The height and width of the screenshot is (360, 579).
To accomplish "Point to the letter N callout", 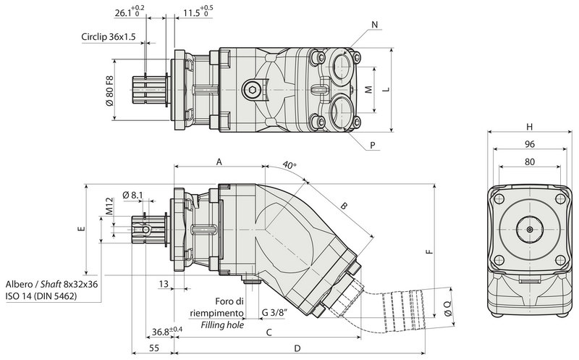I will pos(374,25).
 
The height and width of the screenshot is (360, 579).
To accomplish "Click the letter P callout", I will pos(373,145).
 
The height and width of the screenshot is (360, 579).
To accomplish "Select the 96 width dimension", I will pos(529,144).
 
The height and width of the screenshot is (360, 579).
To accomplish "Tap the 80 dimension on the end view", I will pos(529,162).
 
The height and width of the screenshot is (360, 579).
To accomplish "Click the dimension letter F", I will pos(428,253).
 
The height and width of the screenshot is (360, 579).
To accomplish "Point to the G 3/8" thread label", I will pos(274,313).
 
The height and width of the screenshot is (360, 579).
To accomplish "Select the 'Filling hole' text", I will pos(221,325).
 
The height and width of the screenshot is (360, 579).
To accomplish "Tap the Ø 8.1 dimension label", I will pos(134,194).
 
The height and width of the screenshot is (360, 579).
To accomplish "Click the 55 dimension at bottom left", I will pos(153,349).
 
